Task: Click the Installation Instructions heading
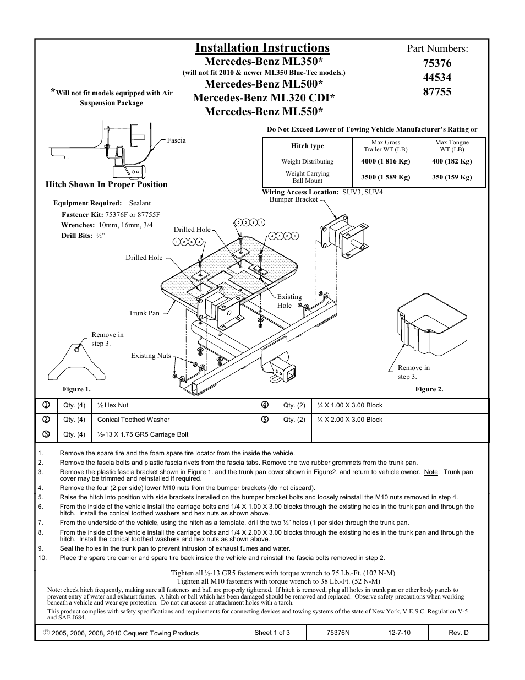click(262, 48)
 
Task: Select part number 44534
click(437, 78)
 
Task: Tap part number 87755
click(437, 92)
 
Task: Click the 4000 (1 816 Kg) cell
click(385, 162)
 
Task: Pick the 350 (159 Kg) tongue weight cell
click(452, 177)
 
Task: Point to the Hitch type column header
click(307, 146)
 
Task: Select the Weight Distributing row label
click(307, 162)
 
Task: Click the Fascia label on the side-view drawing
click(176, 140)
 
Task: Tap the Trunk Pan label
click(144, 313)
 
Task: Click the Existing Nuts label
click(151, 356)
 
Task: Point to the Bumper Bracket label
click(293, 199)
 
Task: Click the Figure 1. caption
click(76, 389)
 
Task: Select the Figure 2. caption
click(429, 389)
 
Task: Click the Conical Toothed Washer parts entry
click(133, 420)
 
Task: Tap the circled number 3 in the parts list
click(47, 434)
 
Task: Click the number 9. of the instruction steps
click(40, 548)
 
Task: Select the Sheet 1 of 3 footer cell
click(272, 633)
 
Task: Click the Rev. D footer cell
click(458, 633)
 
